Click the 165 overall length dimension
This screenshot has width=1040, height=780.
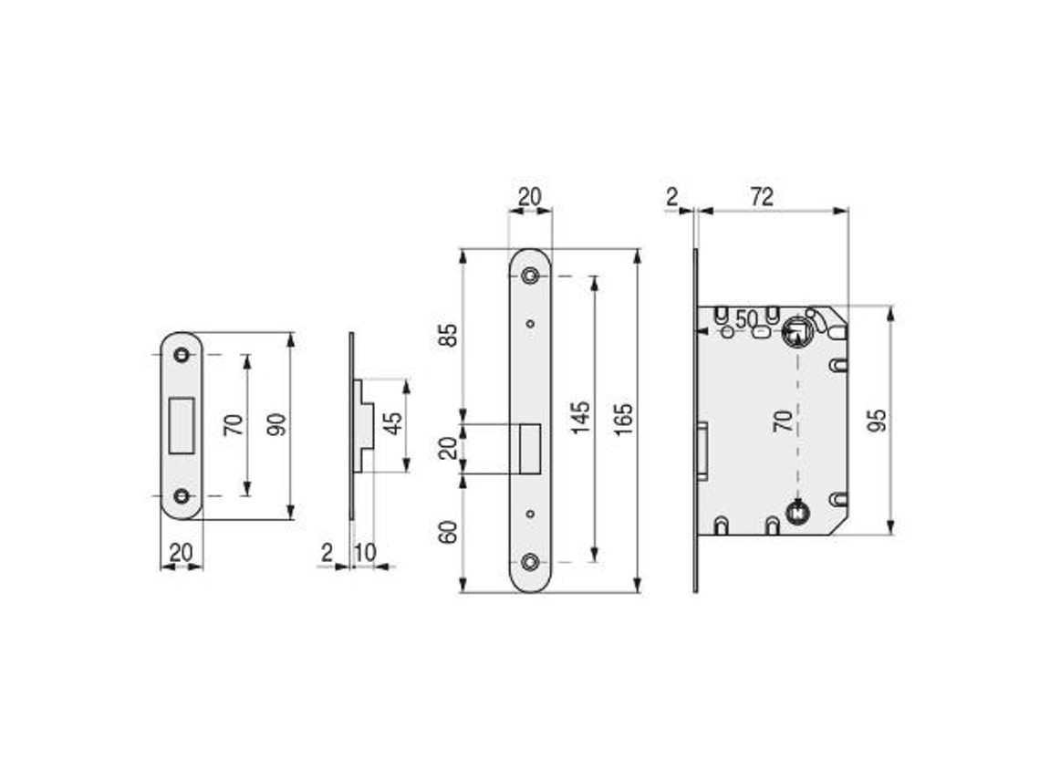tap(623, 419)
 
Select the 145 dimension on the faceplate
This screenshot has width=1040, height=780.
tap(581, 418)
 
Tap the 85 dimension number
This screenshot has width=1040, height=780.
tap(450, 335)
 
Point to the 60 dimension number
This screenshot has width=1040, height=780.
tap(450, 532)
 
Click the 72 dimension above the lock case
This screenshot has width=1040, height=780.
tap(762, 197)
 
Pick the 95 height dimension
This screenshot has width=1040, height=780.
tap(877, 421)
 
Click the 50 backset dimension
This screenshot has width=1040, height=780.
tap(746, 319)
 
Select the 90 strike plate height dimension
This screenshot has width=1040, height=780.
tap(277, 424)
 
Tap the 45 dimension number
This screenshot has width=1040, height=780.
tap(393, 423)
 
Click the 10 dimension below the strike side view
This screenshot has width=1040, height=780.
tap(365, 553)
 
